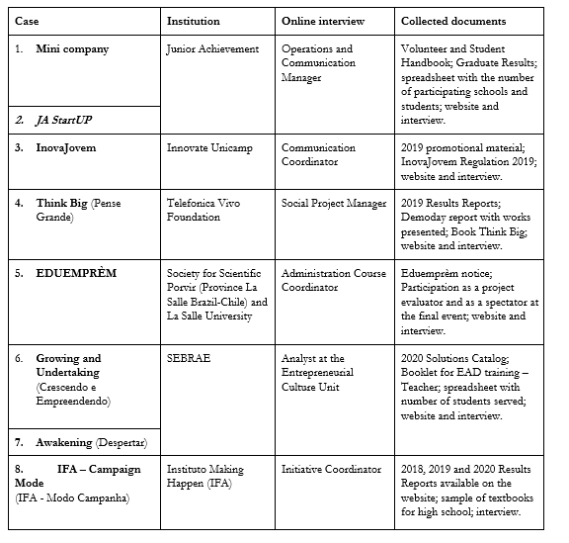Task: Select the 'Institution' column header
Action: pos(194,20)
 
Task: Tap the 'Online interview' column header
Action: pos(322,20)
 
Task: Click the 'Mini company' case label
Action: pos(72,48)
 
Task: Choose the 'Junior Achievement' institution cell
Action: pos(212,48)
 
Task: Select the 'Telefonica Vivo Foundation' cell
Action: pos(211,211)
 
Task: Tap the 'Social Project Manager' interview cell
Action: pos(334,204)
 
